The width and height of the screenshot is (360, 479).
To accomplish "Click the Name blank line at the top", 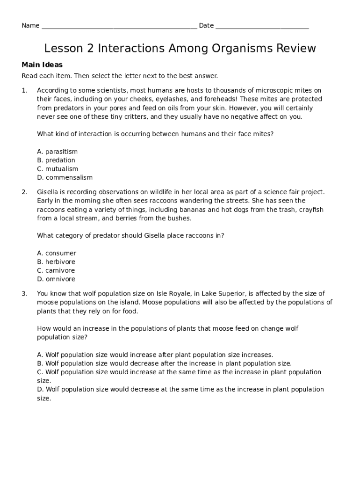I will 119,26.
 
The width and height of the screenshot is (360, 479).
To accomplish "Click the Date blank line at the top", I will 262,26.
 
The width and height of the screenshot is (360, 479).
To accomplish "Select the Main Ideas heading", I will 42,65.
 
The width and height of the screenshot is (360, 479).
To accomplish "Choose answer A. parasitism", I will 57,152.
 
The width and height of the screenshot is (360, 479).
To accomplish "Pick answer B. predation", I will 56,160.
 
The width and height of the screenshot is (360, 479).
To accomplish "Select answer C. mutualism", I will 58,169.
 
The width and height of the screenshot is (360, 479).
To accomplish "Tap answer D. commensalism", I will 65,178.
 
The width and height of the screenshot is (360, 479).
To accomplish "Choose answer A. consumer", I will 57,254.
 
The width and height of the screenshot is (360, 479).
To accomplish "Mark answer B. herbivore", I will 56,262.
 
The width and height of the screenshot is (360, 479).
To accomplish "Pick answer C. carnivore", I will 56,271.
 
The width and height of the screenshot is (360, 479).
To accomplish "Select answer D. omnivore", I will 56,279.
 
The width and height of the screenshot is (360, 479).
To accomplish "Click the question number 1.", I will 24,90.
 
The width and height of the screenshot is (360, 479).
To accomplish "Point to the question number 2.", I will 24,192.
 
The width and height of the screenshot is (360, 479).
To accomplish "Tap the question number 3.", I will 24,294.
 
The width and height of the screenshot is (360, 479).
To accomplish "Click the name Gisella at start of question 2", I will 48,192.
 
